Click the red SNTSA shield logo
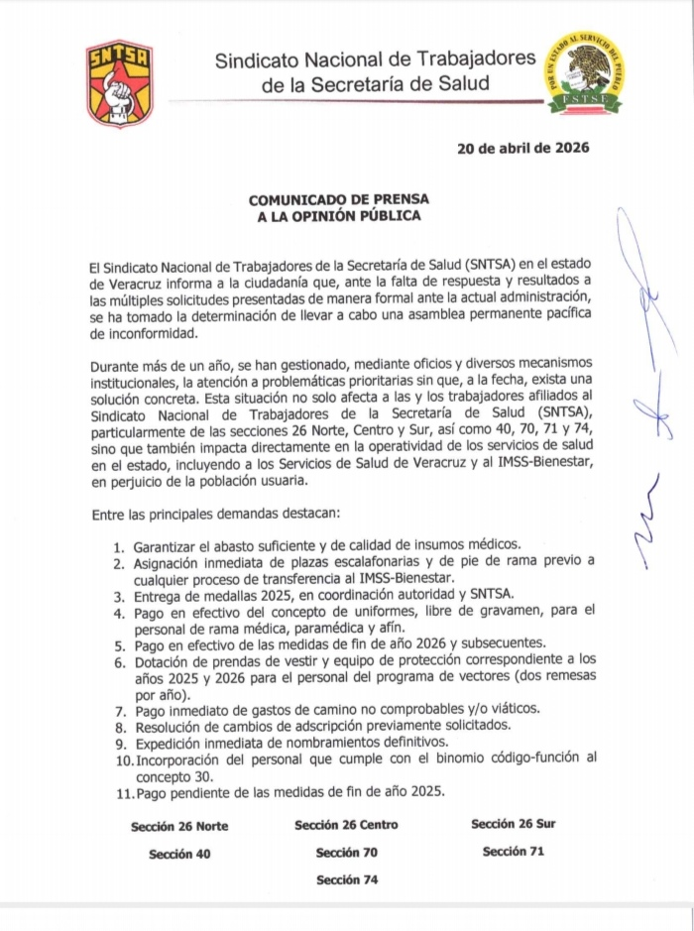click(119, 83)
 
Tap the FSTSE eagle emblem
click(583, 74)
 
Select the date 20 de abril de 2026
click(522, 149)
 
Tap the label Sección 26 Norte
click(179, 826)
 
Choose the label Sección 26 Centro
click(346, 825)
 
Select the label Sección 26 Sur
click(513, 824)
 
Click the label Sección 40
click(179, 853)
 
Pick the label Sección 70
click(346, 853)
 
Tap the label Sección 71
click(513, 851)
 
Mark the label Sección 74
click(346, 879)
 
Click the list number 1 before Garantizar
click(117, 546)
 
